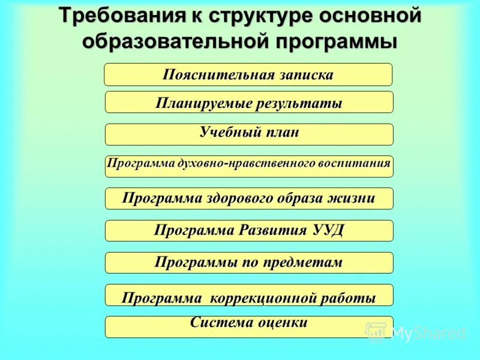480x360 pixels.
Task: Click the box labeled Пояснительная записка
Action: [248, 75]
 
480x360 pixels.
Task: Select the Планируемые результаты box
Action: [249, 103]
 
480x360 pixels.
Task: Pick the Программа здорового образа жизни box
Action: [249, 199]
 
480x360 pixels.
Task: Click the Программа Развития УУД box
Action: [249, 230]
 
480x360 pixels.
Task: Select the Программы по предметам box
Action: [249, 262]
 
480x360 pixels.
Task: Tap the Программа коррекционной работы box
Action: [249, 295]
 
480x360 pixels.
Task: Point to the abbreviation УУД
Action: [328, 230]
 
